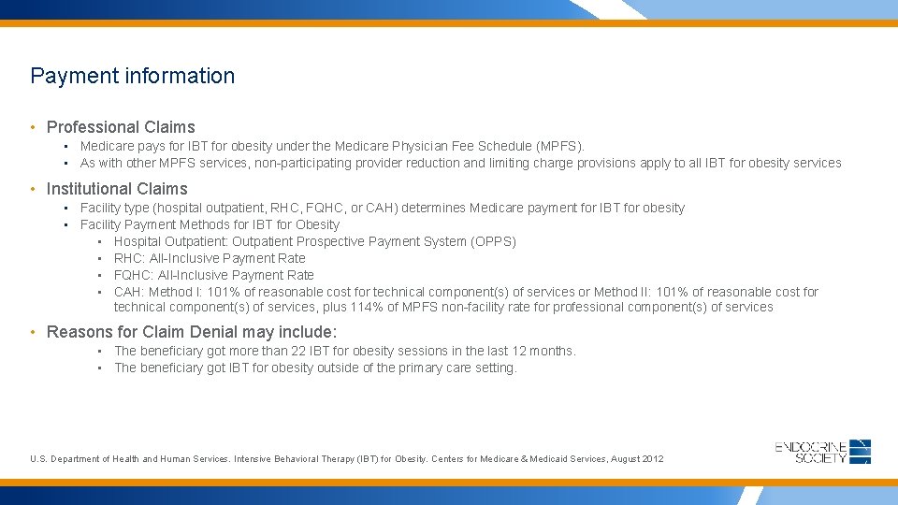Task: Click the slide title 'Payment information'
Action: [132, 76]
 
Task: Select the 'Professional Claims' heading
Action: [121, 127]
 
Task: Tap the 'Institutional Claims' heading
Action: [117, 189]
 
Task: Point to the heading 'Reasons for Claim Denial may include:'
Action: [192, 332]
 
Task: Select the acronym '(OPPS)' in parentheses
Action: [493, 241]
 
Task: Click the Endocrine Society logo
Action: [823, 451]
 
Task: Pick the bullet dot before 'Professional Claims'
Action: [34, 127]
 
